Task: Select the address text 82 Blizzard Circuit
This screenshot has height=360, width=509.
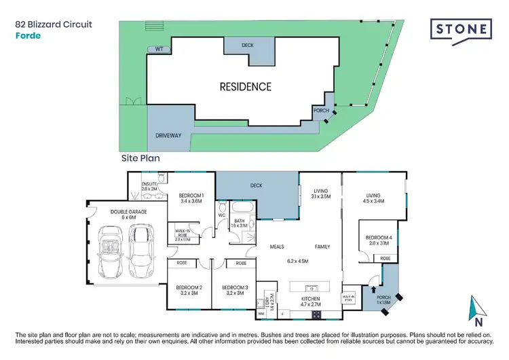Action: pos(54,24)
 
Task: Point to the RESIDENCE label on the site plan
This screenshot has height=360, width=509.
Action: pos(245,87)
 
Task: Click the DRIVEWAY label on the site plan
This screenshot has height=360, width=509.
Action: pos(168,136)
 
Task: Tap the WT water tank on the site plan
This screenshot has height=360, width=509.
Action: pos(159,49)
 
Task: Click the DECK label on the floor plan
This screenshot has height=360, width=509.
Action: pos(257,185)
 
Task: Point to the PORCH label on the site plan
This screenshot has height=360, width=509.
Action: pos(320,110)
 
